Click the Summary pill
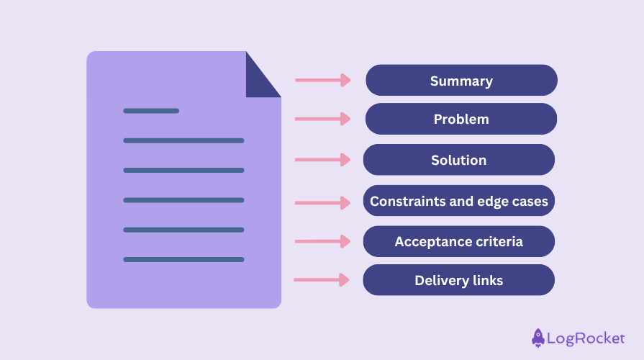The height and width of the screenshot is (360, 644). click(462, 80)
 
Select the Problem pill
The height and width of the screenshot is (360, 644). click(461, 119)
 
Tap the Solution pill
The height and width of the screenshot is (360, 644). click(459, 159)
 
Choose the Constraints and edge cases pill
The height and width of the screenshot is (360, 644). click(459, 201)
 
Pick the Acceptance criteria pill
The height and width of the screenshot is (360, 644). click(459, 241)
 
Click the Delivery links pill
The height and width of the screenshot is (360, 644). click(459, 280)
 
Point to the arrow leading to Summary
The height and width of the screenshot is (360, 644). click(323, 80)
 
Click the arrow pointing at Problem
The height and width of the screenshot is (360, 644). click(323, 119)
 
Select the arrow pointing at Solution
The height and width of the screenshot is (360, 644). click(323, 159)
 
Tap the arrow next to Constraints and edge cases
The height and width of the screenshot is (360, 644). click(323, 202)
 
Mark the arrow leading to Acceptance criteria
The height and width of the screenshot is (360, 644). click(323, 241)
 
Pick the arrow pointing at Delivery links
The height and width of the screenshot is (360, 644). click(322, 280)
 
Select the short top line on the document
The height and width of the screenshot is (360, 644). click(151, 111)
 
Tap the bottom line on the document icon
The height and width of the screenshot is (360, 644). click(183, 259)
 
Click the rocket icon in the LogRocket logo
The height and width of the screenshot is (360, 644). click(538, 338)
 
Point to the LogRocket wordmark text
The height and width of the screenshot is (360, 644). click(586, 338)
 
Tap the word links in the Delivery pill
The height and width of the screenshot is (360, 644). click(488, 280)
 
